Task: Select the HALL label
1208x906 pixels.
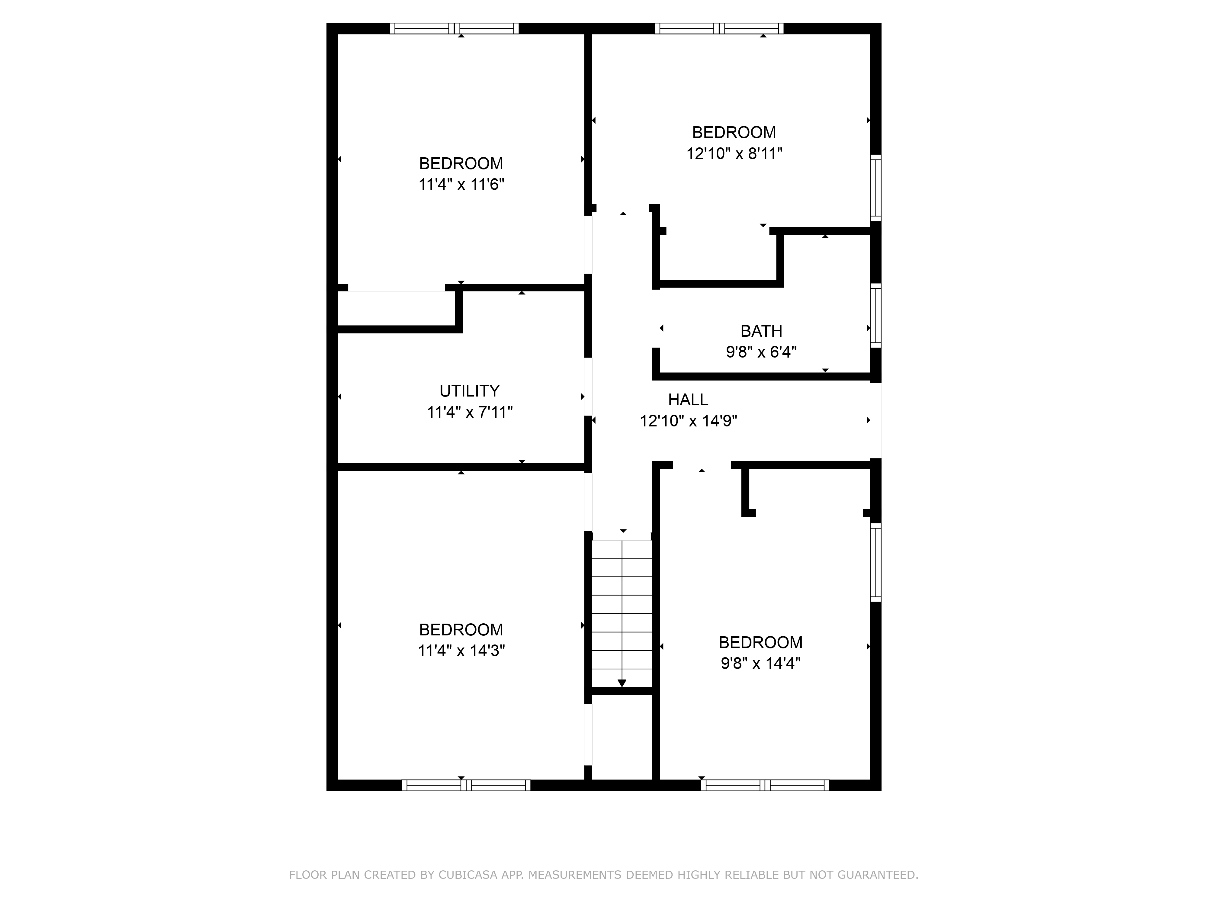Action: (688, 400)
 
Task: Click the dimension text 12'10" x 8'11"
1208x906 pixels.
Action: (734, 153)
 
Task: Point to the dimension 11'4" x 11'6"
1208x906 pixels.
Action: (461, 185)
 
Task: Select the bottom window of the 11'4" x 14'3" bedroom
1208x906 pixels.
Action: (466, 785)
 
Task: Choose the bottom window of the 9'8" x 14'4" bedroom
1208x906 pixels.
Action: (765, 785)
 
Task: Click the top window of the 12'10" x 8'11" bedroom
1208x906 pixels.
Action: (719, 28)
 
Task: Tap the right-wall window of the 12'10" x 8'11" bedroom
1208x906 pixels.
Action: (875, 187)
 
